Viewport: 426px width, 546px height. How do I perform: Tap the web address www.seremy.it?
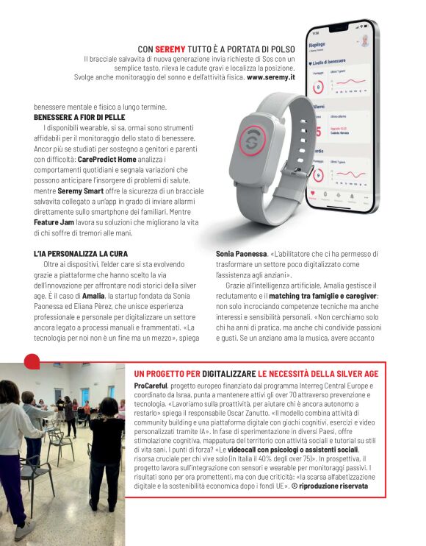pyautogui.click(x=271, y=77)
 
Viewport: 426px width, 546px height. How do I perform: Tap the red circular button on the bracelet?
pyautogui.click(x=252, y=140)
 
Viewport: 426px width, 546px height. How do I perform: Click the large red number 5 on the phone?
pyautogui.click(x=318, y=132)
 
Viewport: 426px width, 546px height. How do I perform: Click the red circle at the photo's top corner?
pyautogui.click(x=32, y=361)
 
